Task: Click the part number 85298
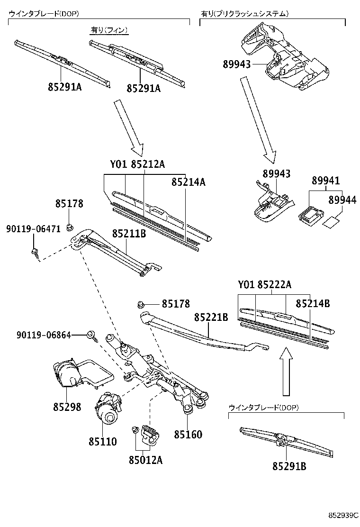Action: [x=67, y=407]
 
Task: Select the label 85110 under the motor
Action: [x=102, y=441]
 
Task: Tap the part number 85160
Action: [x=188, y=435]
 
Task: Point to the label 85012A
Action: [x=145, y=459]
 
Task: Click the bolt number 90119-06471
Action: [x=33, y=228]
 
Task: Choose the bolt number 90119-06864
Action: [x=44, y=335]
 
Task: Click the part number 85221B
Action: [x=211, y=317]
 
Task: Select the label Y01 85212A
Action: [x=137, y=164]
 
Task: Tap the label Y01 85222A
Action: [x=264, y=284]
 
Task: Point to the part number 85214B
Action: [x=313, y=303]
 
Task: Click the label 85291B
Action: [x=289, y=466]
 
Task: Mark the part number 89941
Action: [x=326, y=181]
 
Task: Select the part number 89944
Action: [x=342, y=201]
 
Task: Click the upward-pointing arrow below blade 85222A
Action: [x=286, y=372]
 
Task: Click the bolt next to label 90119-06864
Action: [x=91, y=336]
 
